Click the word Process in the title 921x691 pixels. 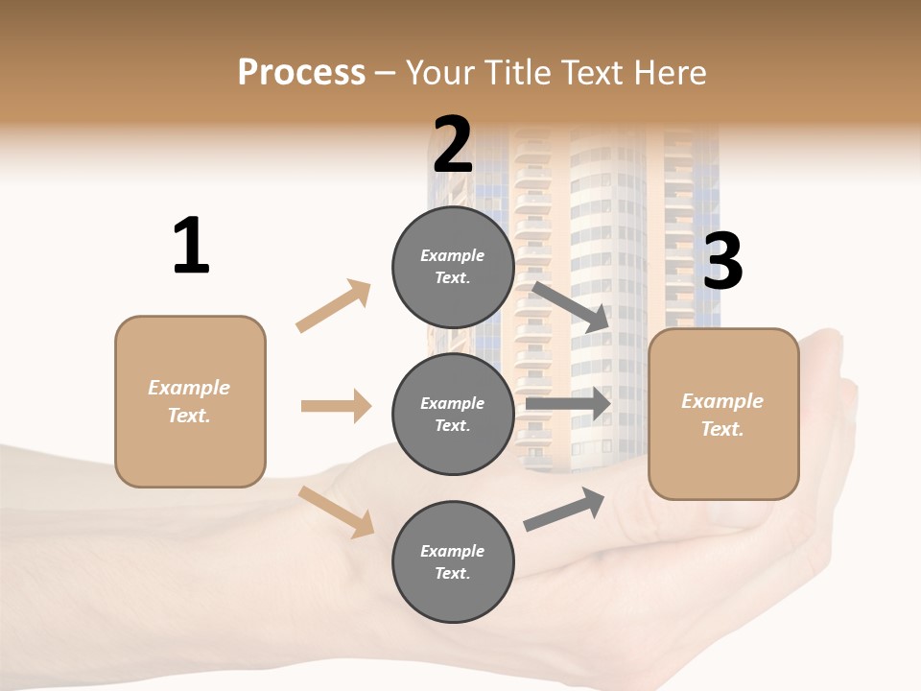tap(301, 73)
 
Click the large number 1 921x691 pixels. tap(191, 246)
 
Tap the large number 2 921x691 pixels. tap(453, 144)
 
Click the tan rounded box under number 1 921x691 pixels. tap(190, 401)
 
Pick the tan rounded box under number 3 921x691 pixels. tap(723, 415)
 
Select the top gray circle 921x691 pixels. tap(453, 267)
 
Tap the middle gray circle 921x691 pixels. tap(453, 415)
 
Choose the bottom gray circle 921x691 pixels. tap(453, 562)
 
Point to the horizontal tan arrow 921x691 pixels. tap(336, 406)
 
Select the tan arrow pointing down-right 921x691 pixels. tap(336, 512)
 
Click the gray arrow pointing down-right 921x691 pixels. tap(571, 307)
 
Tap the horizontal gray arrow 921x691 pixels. tap(568, 403)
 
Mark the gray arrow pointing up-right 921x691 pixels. tap(564, 509)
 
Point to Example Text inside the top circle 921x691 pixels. tap(453, 267)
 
